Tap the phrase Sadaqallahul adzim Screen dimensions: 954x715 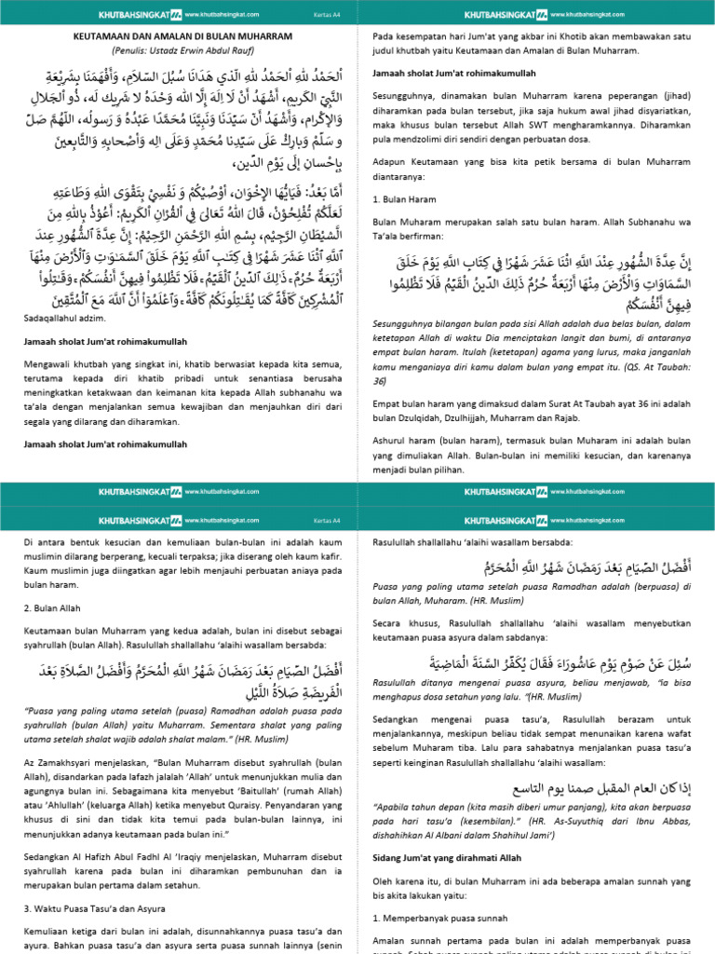click(60, 318)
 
